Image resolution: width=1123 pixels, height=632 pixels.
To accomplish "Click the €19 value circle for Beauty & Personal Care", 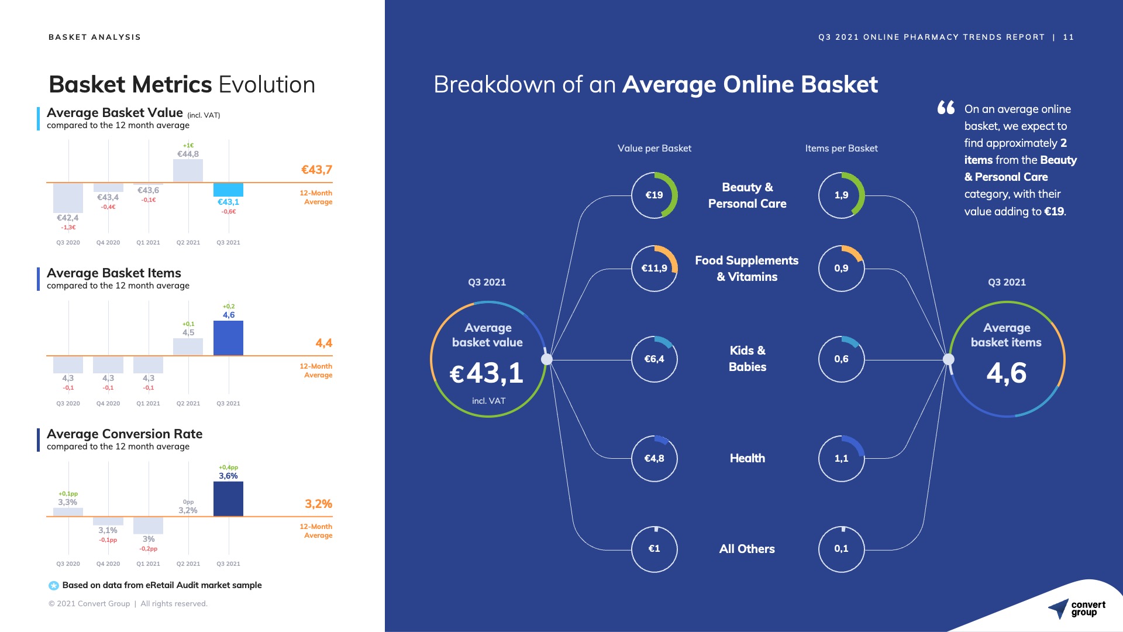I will pyautogui.click(x=654, y=195).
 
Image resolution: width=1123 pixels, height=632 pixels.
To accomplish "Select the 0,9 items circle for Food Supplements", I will pyautogui.click(x=841, y=268).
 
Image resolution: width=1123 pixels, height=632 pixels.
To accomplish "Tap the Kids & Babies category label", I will pyautogui.click(x=747, y=359).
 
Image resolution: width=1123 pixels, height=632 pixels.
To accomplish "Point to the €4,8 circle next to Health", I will pyautogui.click(x=654, y=458).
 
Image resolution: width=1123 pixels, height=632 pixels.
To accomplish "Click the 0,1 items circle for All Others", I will pyautogui.click(x=841, y=549).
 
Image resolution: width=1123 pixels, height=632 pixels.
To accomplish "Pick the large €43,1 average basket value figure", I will pyautogui.click(x=487, y=373).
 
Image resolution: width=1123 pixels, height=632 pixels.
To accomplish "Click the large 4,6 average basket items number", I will pyautogui.click(x=1006, y=373).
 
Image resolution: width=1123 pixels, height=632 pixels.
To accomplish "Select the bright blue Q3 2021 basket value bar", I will pyautogui.click(x=228, y=190).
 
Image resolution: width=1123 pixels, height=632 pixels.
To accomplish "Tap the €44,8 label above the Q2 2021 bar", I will pyautogui.click(x=188, y=154).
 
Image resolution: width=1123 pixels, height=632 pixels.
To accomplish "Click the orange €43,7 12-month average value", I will pyautogui.click(x=316, y=170).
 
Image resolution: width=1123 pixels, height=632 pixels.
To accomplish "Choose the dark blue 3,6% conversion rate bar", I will pyautogui.click(x=228, y=499).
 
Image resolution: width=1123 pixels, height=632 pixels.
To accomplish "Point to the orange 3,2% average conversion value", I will pyautogui.click(x=318, y=504).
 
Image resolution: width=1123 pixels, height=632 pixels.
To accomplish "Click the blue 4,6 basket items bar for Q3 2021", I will pyautogui.click(x=228, y=338).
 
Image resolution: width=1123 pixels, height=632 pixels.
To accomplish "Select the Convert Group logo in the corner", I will pyautogui.click(x=1076, y=609).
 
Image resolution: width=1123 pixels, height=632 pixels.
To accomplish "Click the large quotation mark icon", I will pyautogui.click(x=946, y=108).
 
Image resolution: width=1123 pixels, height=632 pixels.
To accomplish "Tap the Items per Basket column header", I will pyautogui.click(x=841, y=148).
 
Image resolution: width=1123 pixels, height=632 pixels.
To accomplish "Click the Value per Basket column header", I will pyautogui.click(x=654, y=148).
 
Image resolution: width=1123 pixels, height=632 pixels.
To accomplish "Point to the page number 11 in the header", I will pyautogui.click(x=1069, y=37).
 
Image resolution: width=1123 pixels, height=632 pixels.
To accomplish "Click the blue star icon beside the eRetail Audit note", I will pyautogui.click(x=54, y=585).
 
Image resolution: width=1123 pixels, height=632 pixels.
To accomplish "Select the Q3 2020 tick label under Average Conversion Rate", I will pyautogui.click(x=68, y=564).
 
